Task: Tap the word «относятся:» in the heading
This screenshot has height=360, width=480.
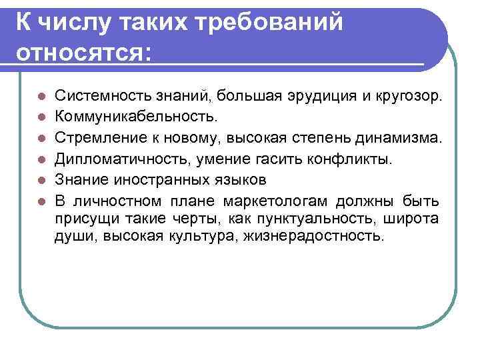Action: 81,52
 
